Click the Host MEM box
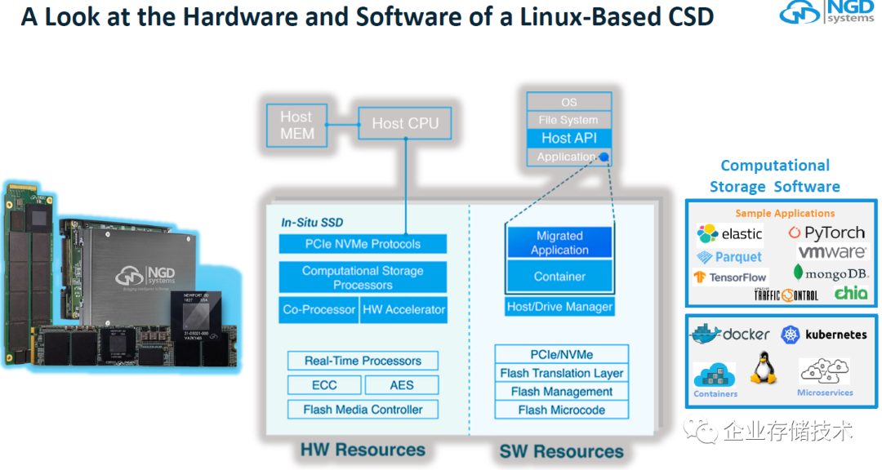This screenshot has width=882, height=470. pos(296,124)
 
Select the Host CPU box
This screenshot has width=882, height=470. pos(405,123)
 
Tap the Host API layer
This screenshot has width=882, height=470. pos(568,138)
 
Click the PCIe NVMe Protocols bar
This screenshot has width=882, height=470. pos(363,243)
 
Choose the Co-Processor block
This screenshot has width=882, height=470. pos(318,309)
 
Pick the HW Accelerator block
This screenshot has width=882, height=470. pos(403,309)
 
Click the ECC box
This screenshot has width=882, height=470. pos(323,385)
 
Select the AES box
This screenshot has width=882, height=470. pos(401,385)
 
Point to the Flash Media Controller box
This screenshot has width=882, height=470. pos(363,410)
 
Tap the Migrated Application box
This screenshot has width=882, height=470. pos(559,243)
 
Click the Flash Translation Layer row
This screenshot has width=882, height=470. pos(562,373)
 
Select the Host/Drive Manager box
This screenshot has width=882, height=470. pos(559,307)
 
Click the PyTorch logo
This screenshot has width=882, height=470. pos(826,233)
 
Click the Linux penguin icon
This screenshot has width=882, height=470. pos(763,369)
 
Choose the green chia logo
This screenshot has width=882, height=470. pos(850,293)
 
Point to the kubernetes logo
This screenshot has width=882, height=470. pos(824,335)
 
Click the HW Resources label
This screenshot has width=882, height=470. pos(363,450)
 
